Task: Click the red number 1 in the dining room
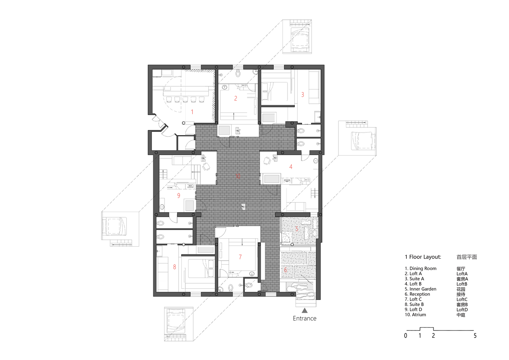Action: pyautogui.click(x=192, y=112)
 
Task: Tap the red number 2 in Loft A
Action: pyautogui.click(x=236, y=98)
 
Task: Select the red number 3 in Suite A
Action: pyautogui.click(x=302, y=95)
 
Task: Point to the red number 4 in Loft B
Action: pyautogui.click(x=290, y=167)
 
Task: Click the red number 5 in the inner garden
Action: pyautogui.click(x=297, y=229)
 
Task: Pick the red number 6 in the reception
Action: pyautogui.click(x=285, y=270)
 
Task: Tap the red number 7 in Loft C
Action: pyautogui.click(x=240, y=257)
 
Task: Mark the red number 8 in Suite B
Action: pyautogui.click(x=175, y=267)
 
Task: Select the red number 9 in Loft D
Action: pyautogui.click(x=179, y=195)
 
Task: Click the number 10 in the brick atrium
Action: pyautogui.click(x=238, y=176)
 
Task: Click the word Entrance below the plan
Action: pyautogui.click(x=305, y=318)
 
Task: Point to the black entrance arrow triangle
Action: pyautogui.click(x=305, y=310)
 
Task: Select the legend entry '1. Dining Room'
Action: pyautogui.click(x=420, y=269)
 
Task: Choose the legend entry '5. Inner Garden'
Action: pyautogui.click(x=420, y=289)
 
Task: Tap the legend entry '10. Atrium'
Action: pyautogui.click(x=415, y=315)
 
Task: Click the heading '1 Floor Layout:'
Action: pyautogui.click(x=423, y=257)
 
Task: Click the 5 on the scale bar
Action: pyautogui.click(x=475, y=336)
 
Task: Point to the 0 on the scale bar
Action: pyautogui.click(x=406, y=336)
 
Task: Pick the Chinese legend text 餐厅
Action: pyautogui.click(x=461, y=269)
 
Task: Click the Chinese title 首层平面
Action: pyautogui.click(x=467, y=257)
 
